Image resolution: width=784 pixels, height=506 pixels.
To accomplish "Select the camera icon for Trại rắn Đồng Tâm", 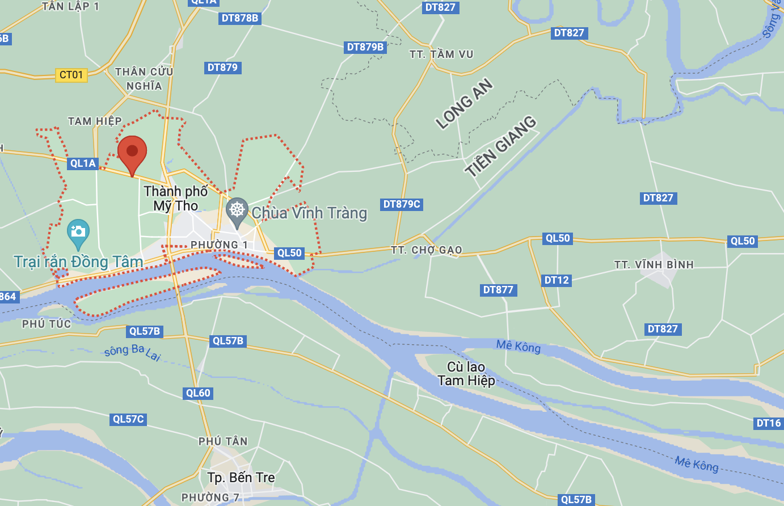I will [78, 231].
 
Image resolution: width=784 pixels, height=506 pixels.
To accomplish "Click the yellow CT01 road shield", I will [71, 75].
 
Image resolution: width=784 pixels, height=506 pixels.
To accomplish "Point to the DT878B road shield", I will [240, 18].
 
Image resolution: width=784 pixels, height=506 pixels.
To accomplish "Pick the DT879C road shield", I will [402, 204].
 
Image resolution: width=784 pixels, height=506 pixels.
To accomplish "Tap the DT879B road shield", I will [365, 47].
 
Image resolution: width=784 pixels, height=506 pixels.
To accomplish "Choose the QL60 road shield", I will [198, 393].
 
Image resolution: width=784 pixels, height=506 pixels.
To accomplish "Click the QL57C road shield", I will [128, 419].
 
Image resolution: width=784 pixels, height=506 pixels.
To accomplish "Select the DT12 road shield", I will [557, 280].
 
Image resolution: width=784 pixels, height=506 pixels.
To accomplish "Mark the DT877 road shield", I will [498, 290].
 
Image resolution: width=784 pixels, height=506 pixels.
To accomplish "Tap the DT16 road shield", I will [769, 423].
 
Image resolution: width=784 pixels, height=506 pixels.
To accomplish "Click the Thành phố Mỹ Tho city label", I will [176, 199].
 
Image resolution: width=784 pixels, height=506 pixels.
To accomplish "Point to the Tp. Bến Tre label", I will [241, 478].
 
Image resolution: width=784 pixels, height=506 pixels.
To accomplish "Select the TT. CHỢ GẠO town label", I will [427, 250].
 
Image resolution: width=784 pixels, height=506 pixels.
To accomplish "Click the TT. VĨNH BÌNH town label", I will [654, 265].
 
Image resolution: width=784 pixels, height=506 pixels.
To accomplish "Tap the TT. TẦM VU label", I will [441, 54].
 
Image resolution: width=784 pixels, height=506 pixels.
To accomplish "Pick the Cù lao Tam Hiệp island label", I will [466, 374].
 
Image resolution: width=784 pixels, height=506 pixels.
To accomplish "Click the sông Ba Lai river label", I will [133, 352].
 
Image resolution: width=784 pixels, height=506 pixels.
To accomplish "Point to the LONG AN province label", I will [464, 104].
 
